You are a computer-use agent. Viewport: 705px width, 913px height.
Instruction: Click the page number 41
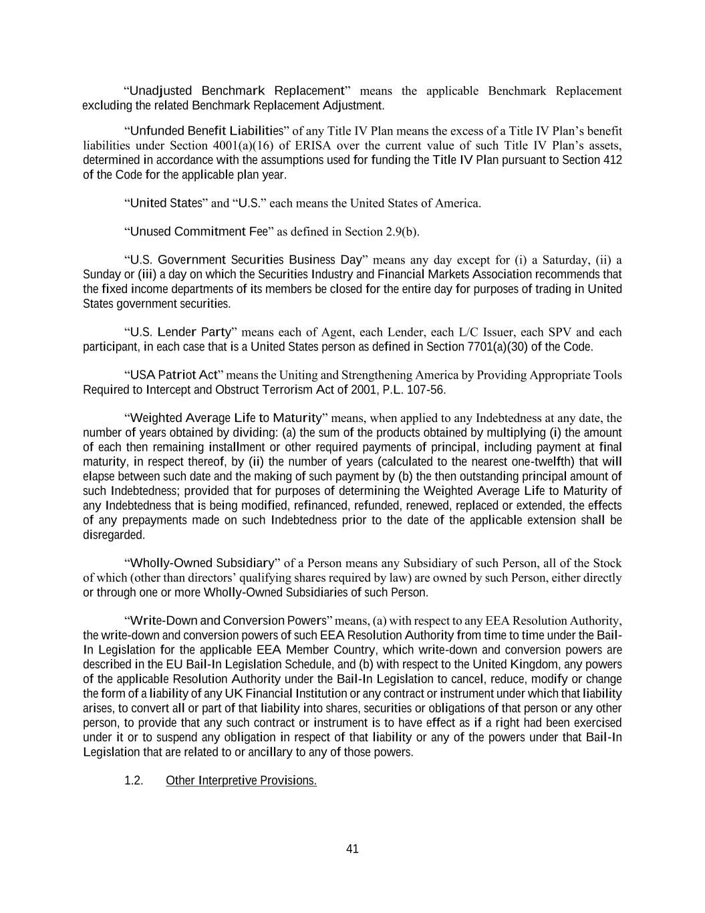(352, 849)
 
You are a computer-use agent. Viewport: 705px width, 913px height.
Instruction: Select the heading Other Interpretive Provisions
(241, 781)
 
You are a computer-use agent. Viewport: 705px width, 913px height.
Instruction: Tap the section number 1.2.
(134, 781)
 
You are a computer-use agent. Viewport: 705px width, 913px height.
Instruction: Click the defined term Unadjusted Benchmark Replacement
(237, 90)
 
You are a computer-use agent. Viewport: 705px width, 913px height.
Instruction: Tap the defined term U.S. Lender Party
(180, 332)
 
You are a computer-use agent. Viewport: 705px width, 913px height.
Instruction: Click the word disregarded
(113, 535)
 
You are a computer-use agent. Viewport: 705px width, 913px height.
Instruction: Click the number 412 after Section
(613, 160)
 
